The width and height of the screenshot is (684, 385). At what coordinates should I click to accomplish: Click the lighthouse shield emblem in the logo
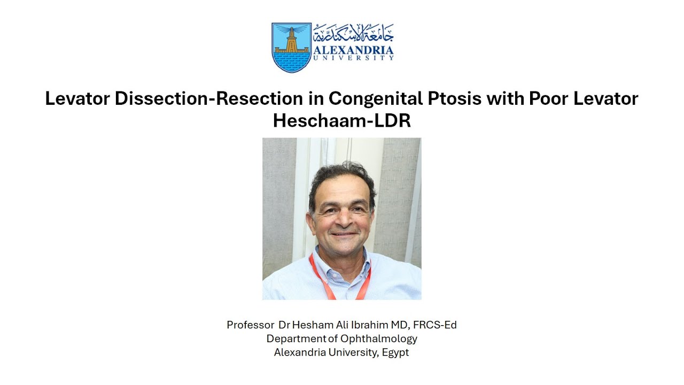click(x=291, y=47)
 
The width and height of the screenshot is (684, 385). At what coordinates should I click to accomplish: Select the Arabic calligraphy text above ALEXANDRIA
click(x=353, y=33)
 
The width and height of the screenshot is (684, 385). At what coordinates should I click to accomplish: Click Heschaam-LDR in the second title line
click(x=341, y=121)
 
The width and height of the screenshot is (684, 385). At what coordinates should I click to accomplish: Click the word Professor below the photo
click(x=248, y=325)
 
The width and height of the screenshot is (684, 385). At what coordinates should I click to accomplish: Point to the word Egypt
click(x=395, y=352)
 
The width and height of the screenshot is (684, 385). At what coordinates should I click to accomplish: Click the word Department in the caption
click(x=296, y=338)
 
